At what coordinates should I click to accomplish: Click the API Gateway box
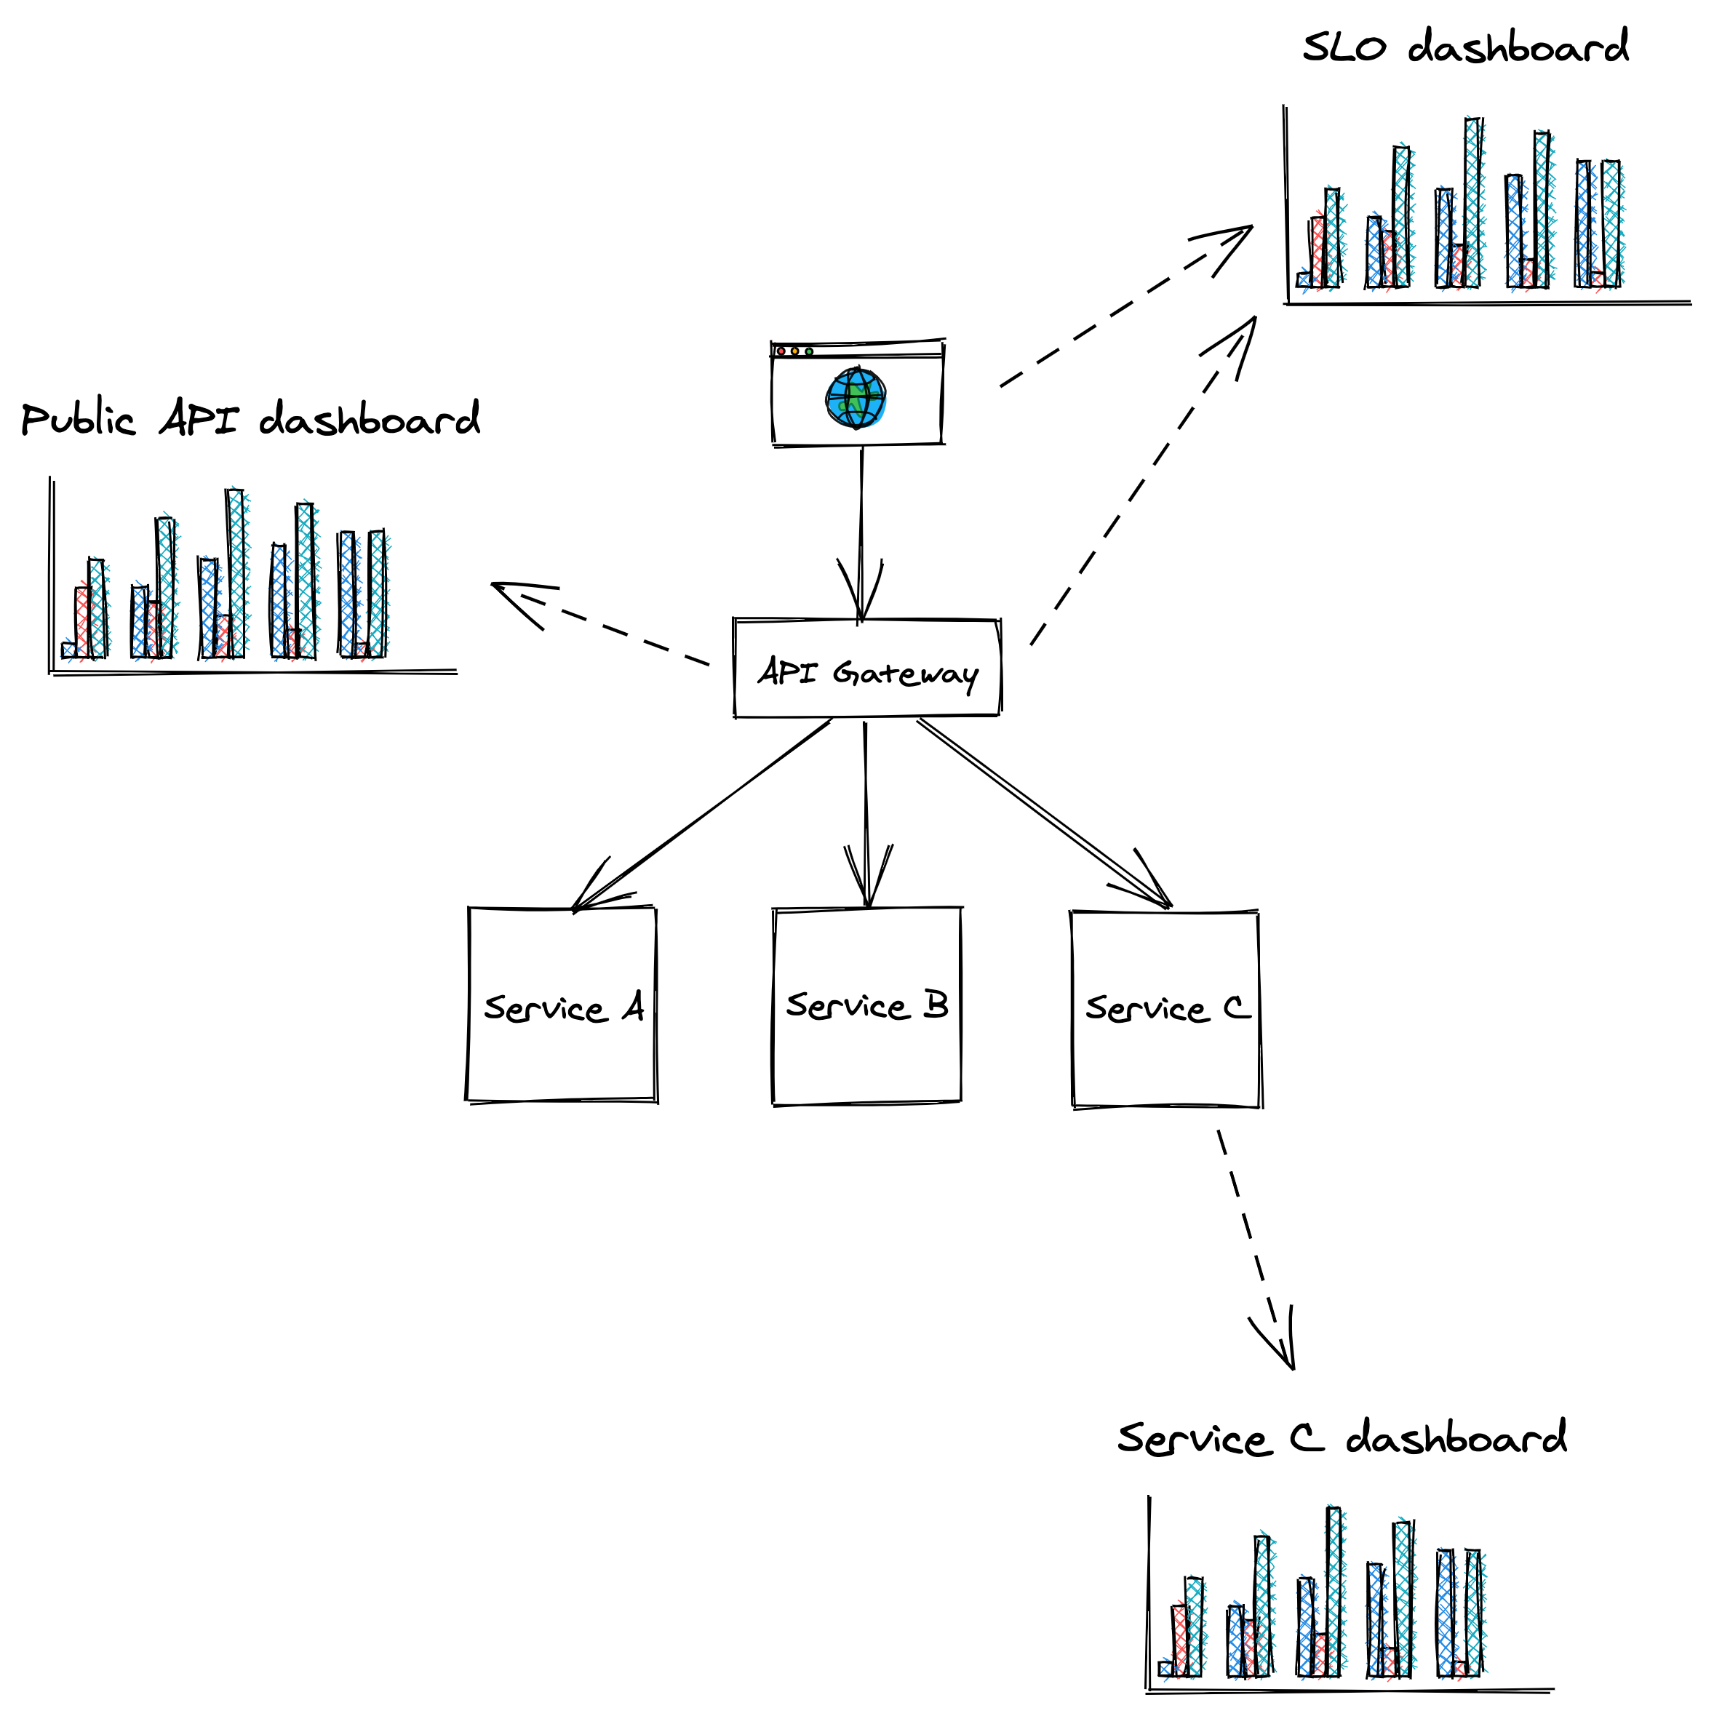coord(866,668)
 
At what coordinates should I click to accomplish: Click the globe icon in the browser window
coord(856,398)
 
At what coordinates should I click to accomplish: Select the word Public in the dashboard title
coord(78,419)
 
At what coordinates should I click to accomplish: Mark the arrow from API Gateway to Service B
coord(866,808)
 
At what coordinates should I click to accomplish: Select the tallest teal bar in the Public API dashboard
coord(235,574)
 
